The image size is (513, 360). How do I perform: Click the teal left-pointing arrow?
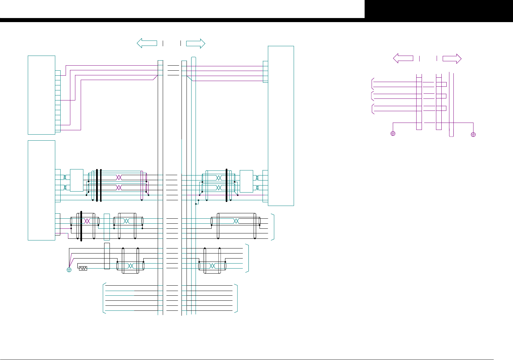[147, 43]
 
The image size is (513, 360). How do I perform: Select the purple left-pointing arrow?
[403, 58]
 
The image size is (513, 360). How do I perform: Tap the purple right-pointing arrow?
[452, 59]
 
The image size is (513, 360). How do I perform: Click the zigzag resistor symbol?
[83, 268]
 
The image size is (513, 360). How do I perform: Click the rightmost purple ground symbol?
[473, 135]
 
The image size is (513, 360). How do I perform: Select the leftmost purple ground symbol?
[393, 134]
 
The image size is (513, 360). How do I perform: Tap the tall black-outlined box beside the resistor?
[107, 256]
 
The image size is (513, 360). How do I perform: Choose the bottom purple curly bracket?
[372, 110]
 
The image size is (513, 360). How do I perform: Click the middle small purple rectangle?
[444, 96]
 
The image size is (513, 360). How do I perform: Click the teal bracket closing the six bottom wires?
[236, 298]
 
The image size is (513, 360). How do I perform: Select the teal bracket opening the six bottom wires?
[103, 298]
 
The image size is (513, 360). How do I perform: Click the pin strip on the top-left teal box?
[58, 101]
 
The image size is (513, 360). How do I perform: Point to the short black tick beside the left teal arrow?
[163, 43]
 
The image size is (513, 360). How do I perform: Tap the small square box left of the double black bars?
[76, 181]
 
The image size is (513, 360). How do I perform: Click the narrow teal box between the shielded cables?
[107, 227]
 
